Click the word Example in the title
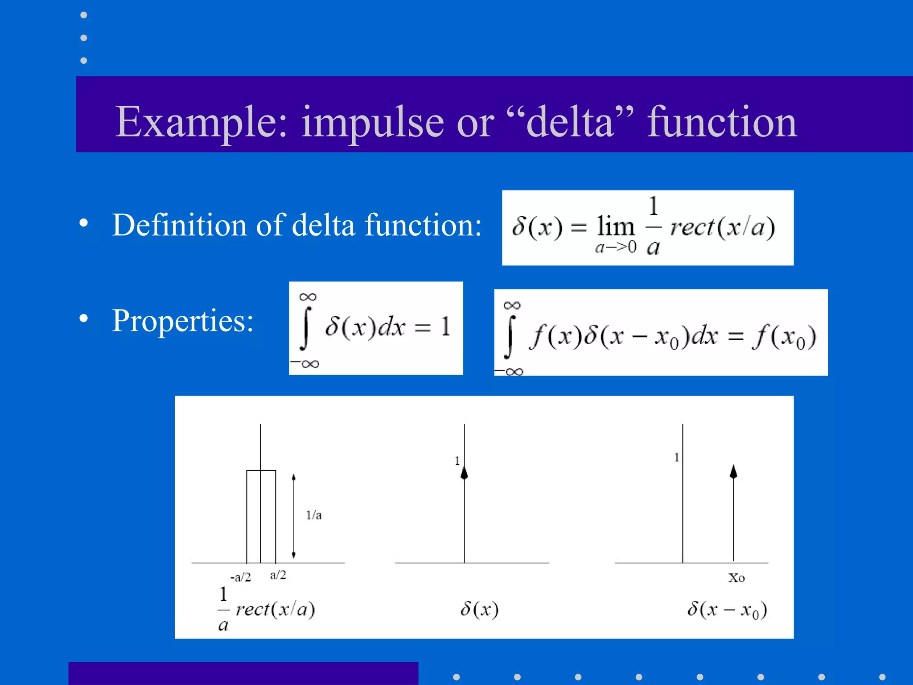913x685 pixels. (x=201, y=122)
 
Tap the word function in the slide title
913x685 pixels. (x=722, y=122)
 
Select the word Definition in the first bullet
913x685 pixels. (x=178, y=225)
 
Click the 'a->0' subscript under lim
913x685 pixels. (x=616, y=247)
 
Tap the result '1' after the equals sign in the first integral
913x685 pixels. (x=446, y=326)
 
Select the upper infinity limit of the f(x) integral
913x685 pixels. (x=512, y=305)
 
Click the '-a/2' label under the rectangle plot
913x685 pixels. (x=241, y=578)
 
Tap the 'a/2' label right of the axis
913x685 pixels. (x=278, y=575)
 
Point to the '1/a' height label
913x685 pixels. (x=314, y=516)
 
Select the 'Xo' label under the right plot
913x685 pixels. (x=736, y=578)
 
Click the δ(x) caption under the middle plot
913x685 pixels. (x=479, y=609)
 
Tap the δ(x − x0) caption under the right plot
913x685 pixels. (x=727, y=610)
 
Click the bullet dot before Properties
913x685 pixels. (x=83, y=318)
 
